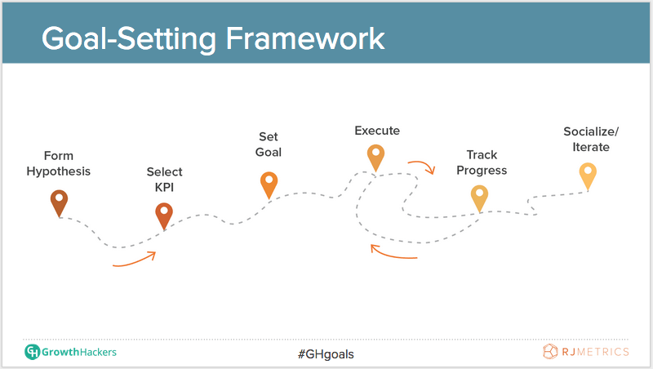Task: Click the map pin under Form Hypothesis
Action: point(59,202)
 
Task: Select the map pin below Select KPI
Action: point(164,215)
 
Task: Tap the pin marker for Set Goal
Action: point(269,184)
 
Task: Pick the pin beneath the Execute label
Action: point(375,156)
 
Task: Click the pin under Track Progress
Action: point(480,197)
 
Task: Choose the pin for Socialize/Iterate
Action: point(588,175)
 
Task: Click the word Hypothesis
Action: point(58,171)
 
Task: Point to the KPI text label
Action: point(164,188)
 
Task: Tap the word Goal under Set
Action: point(269,152)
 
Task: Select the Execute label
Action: point(377,131)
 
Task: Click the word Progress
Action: point(482,171)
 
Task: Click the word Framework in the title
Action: point(305,38)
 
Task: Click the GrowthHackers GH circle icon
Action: point(33,352)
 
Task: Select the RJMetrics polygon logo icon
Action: point(552,352)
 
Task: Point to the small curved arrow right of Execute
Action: point(422,167)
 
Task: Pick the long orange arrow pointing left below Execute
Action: point(393,253)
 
